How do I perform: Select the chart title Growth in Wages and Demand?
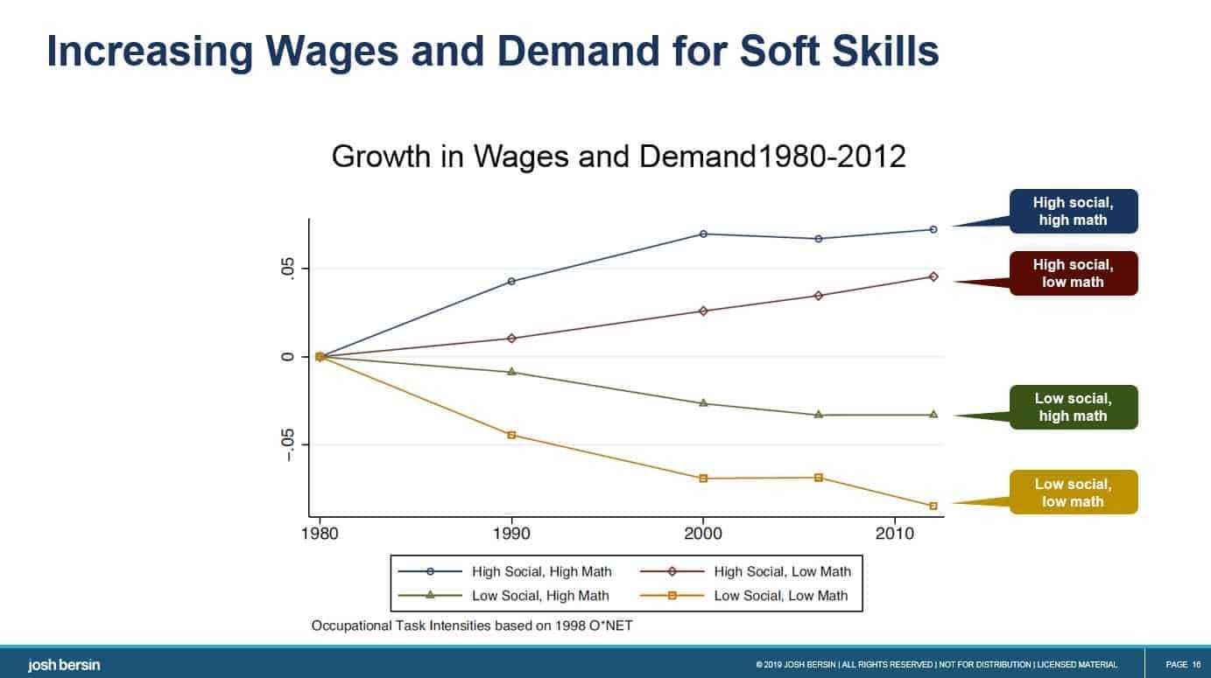pyautogui.click(x=618, y=157)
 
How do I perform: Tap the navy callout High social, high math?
pyautogui.click(x=1073, y=212)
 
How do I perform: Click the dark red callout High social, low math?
pyautogui.click(x=1073, y=274)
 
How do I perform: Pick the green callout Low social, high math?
pyautogui.click(x=1073, y=408)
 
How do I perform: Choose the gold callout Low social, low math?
pyautogui.click(x=1073, y=493)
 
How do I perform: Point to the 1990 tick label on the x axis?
pyautogui.click(x=511, y=533)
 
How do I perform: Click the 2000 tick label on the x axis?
pyautogui.click(x=703, y=533)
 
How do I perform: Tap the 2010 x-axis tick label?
pyautogui.click(x=896, y=533)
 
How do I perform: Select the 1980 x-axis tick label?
pyautogui.click(x=320, y=533)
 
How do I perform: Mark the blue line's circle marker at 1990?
pyautogui.click(x=511, y=281)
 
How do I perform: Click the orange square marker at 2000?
pyautogui.click(x=703, y=479)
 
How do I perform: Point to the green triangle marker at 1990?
pyautogui.click(x=511, y=372)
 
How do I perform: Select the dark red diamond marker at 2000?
pyautogui.click(x=703, y=311)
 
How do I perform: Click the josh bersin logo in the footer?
pyautogui.click(x=64, y=666)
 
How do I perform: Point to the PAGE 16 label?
pyautogui.click(x=1183, y=665)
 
